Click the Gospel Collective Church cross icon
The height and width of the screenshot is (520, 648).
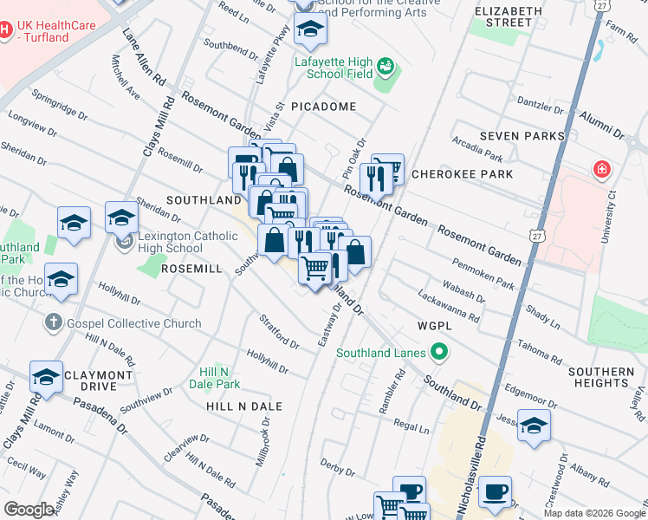[53, 323]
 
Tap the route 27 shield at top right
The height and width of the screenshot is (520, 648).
[601, 6]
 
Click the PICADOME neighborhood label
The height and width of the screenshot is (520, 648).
[323, 106]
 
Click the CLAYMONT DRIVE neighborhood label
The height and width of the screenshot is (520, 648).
[96, 380]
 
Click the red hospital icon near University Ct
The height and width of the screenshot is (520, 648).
[601, 169]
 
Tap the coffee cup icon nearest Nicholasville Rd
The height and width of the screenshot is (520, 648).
[496, 492]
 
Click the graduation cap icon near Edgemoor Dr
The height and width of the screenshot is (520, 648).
[535, 426]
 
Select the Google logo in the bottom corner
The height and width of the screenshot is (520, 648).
[29, 510]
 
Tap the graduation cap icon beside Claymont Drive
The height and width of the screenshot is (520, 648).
[46, 377]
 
